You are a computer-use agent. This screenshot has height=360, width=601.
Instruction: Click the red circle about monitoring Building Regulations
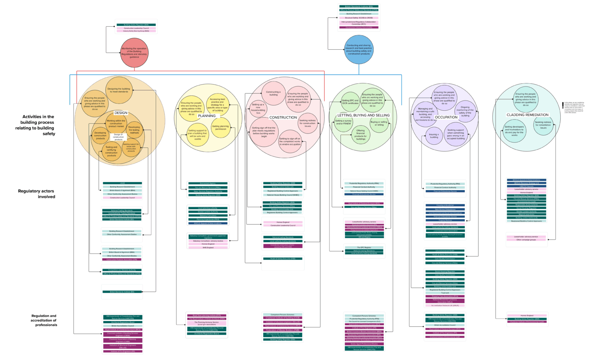pos(134,53)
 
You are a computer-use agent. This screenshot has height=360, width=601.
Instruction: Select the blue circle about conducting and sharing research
pos(359,50)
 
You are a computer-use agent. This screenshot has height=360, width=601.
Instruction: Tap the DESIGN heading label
pos(121,113)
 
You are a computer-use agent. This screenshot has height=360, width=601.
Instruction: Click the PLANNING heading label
pos(207,116)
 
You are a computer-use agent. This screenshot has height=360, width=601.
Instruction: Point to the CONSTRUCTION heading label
pos(283,117)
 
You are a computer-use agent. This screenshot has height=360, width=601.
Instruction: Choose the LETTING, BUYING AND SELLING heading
pos(363,115)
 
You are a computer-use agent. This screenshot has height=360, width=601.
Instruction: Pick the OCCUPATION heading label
pos(446,117)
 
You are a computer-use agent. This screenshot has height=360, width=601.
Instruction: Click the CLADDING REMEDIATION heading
pos(527,115)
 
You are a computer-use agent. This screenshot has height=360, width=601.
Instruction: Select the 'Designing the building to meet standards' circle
pos(119,90)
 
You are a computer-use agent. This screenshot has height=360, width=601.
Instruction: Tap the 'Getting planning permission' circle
pos(220,128)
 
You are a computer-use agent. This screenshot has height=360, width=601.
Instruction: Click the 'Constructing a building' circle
pos(274,94)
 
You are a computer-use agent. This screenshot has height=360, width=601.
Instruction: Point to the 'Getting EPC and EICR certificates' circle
pos(350,102)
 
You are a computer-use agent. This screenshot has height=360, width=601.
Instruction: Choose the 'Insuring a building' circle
pos(434,136)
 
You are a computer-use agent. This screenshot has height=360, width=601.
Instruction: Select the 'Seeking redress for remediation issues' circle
pos(543,125)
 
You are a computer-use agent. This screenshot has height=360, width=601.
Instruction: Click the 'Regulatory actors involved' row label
pos(36,194)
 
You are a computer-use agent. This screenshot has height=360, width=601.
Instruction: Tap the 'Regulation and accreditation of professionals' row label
pos(44,320)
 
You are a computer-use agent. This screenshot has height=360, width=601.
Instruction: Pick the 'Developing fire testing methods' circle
pos(134,130)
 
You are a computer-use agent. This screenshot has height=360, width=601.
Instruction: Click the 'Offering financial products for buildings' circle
pos(360,135)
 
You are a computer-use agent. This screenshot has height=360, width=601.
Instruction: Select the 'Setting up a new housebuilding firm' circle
pos(258,109)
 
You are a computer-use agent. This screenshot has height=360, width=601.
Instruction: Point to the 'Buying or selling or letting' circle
pos(379,124)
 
